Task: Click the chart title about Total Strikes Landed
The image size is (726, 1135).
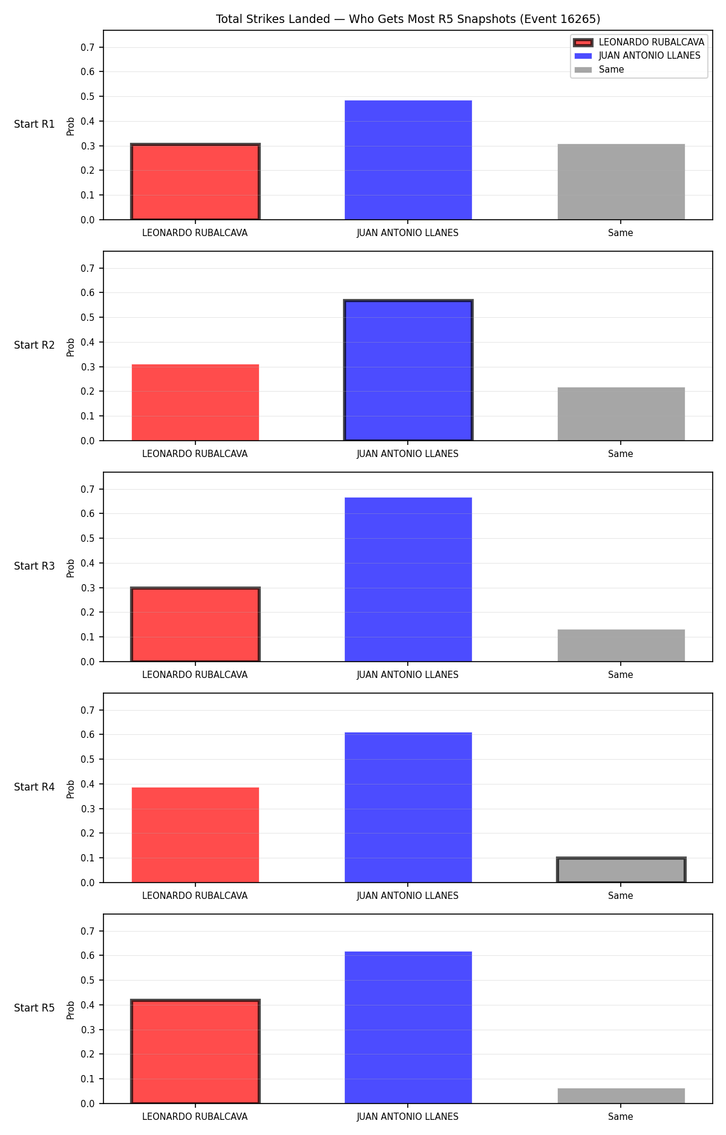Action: pos(408,19)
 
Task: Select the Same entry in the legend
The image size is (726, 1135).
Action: pos(599,70)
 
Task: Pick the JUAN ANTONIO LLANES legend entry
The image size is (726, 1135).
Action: pos(637,56)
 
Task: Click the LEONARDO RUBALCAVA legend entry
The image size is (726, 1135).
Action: pos(639,42)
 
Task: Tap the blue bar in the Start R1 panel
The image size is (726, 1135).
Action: pos(408,160)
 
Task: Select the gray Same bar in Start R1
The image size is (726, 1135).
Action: pos(621,182)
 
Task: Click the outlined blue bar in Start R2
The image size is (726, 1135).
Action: pos(408,370)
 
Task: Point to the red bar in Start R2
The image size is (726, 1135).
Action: pos(195,403)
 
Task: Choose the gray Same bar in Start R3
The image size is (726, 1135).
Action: pos(621,645)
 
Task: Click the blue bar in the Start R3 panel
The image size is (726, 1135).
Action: pos(408,579)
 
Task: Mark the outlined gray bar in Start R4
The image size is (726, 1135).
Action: pos(621,870)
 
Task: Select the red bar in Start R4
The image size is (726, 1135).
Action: pos(195,835)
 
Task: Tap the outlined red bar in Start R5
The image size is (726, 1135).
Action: pos(195,1051)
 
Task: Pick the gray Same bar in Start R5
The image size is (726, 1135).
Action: pos(621,1096)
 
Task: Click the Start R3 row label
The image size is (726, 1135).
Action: pos(34,566)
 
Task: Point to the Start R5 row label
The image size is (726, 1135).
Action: pos(34,1008)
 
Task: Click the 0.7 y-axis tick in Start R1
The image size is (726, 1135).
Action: pos(88,47)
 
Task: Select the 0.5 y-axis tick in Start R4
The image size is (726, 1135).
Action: pos(88,759)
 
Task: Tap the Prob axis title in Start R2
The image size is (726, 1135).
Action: pos(71,347)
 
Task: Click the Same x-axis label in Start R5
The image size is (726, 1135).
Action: pos(621,1117)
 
